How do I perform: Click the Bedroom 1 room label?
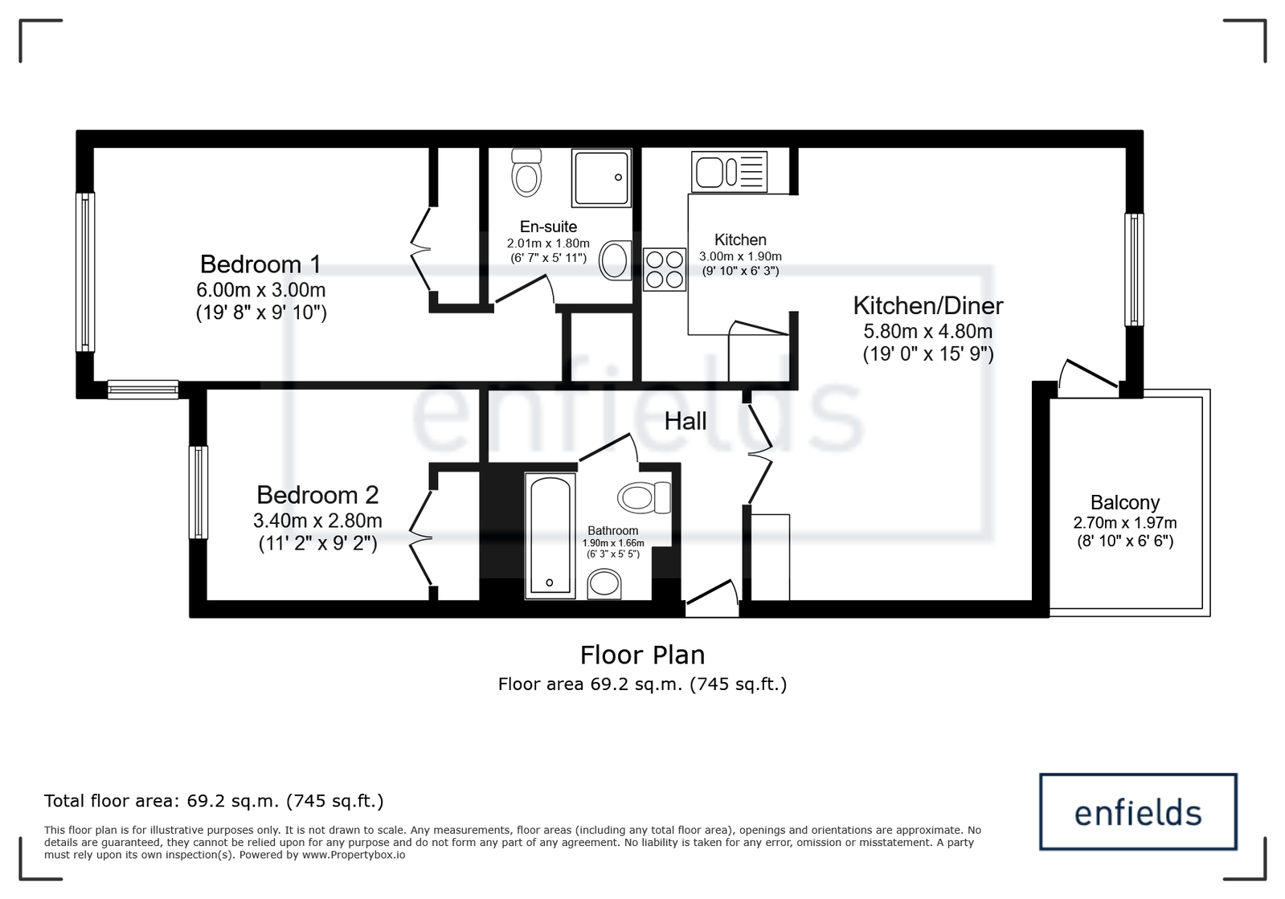[260, 264]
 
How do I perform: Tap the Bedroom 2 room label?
[317, 496]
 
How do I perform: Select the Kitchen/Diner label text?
[927, 306]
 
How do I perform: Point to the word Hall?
[685, 422]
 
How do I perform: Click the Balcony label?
[1124, 503]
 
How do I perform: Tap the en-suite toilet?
[526, 173]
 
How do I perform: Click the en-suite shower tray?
[601, 178]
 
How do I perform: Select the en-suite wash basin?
[615, 260]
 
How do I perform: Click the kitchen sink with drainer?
[729, 171]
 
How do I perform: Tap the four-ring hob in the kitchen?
[665, 269]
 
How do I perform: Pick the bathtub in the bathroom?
[550, 536]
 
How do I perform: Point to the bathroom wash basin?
[604, 584]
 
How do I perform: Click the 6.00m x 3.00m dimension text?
[261, 290]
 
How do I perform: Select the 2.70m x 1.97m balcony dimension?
[1125, 523]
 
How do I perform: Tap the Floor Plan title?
[643, 656]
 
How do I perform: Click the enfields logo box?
[1138, 812]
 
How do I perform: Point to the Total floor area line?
[214, 801]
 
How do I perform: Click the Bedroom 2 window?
[198, 492]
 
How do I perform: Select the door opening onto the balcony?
[1088, 378]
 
